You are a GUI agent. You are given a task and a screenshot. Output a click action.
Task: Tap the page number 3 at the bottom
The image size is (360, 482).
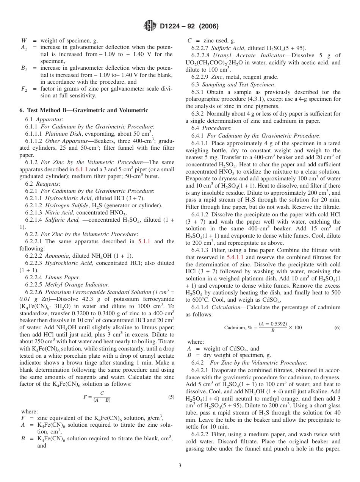tap(180, 465)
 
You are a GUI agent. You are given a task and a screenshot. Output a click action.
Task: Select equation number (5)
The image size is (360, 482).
tap(171, 397)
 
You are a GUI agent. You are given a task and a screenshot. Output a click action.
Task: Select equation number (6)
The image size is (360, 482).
tap(337, 327)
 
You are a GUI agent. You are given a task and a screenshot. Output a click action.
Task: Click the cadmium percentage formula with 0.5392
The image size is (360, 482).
tap(263, 327)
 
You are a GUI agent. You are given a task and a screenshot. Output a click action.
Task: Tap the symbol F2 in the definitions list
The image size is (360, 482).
tap(23, 89)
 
